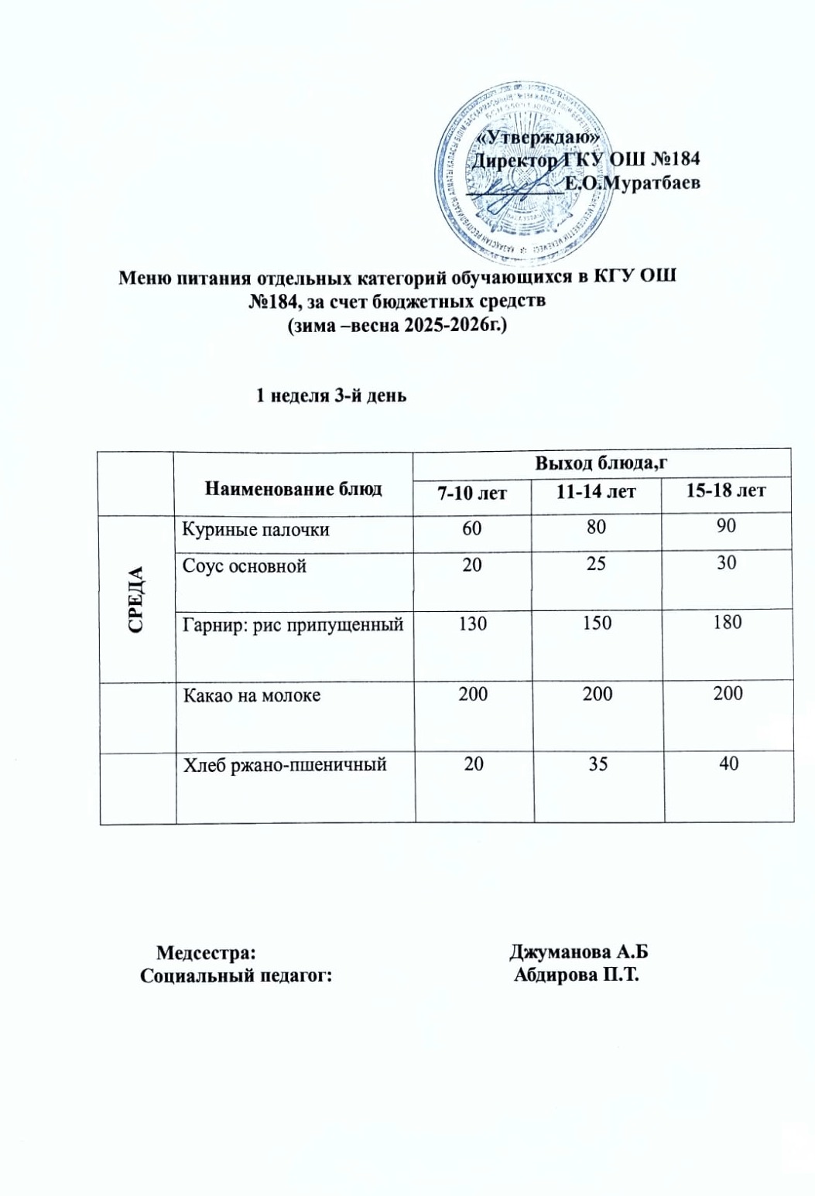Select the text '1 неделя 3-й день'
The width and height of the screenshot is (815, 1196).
coord(331,396)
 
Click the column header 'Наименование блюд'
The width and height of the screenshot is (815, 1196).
coord(293,489)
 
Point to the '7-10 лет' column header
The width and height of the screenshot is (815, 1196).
coord(472,491)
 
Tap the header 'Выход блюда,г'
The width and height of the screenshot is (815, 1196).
coord(601,463)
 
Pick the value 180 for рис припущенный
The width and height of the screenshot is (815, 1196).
coord(727,622)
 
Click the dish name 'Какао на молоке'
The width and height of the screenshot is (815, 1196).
coord(252,695)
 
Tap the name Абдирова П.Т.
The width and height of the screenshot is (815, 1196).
coord(577,975)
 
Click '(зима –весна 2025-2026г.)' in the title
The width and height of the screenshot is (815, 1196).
coord(396,326)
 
